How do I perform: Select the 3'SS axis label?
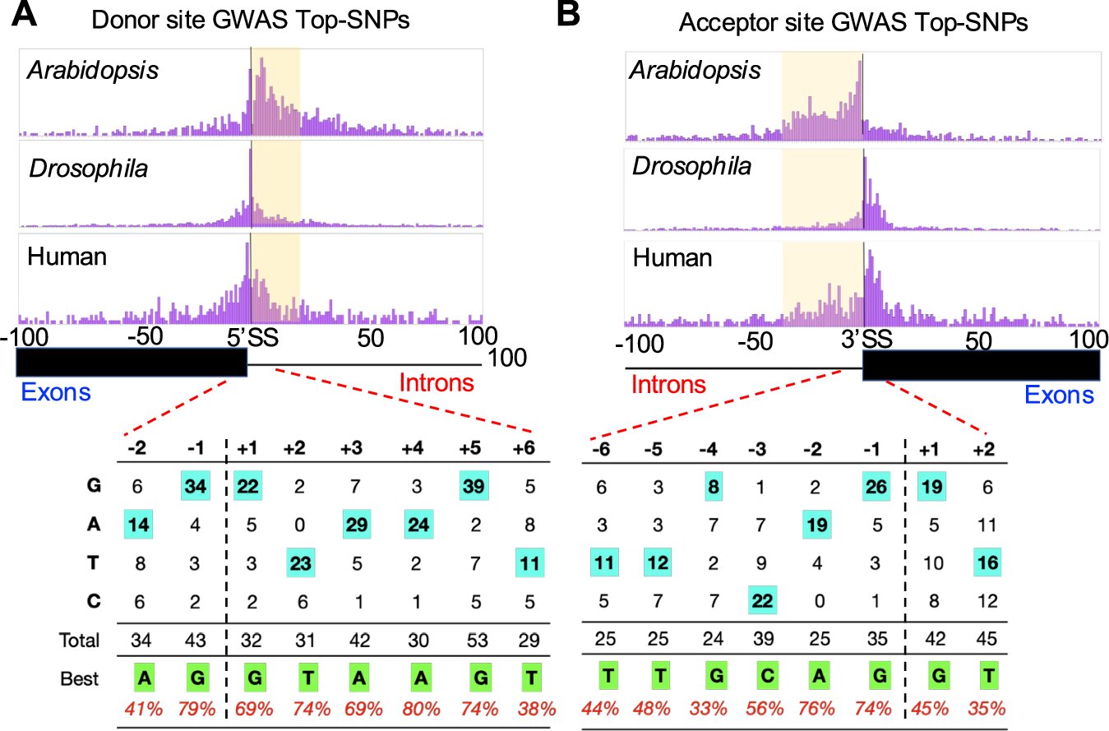tap(862, 338)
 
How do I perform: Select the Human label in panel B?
tap(672, 258)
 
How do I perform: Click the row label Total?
tap(78, 640)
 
